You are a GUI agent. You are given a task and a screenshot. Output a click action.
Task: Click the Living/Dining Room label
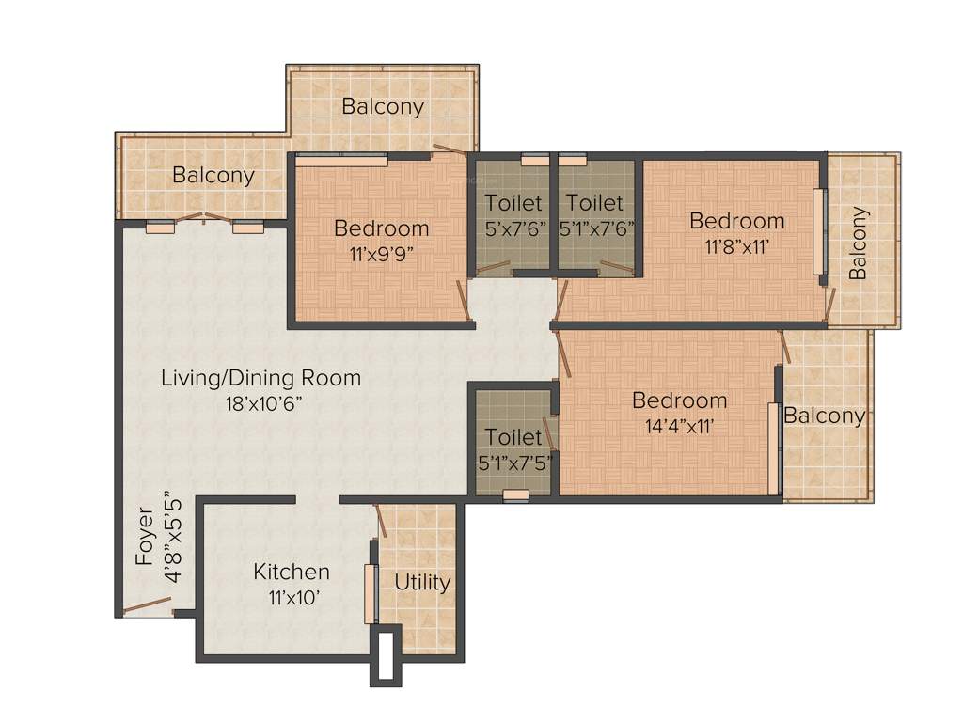[260, 378]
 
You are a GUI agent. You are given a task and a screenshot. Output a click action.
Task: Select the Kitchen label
[292, 572]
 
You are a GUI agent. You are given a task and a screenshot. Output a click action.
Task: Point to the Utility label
[422, 582]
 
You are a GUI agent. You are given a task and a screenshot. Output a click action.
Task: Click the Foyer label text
[145, 537]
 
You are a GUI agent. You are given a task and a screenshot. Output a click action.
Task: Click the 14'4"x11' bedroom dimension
[679, 425]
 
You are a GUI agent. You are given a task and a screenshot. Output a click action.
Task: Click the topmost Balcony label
[383, 106]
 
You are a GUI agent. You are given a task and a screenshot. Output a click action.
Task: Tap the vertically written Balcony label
[858, 243]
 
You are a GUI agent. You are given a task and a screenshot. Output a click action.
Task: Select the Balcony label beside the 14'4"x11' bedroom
[825, 416]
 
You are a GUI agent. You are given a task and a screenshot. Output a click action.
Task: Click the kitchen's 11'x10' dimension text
[292, 597]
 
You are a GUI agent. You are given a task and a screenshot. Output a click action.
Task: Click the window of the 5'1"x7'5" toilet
[515, 495]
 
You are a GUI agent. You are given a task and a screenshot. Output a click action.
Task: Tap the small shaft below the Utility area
[385, 657]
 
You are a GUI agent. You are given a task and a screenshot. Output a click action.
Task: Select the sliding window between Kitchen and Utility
[370, 593]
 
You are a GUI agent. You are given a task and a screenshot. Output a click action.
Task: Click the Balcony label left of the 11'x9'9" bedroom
[213, 175]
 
